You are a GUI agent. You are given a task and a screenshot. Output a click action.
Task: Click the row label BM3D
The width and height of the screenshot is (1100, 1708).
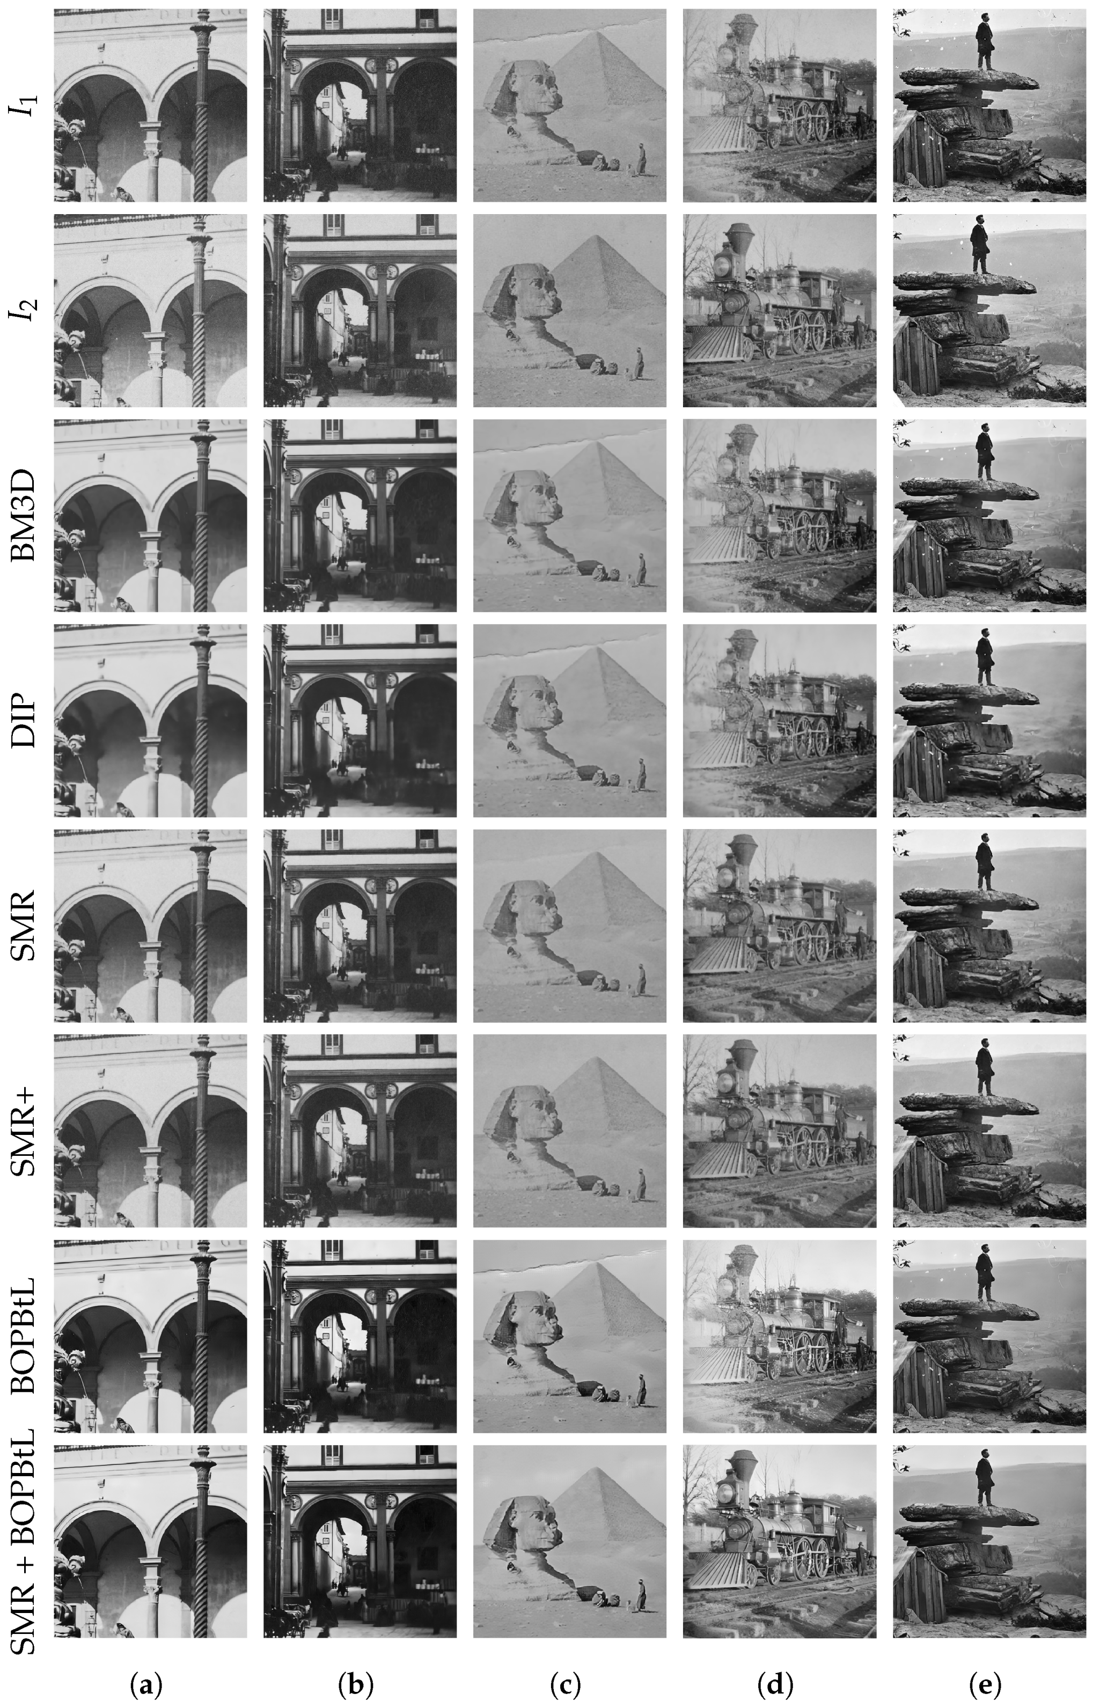(27, 516)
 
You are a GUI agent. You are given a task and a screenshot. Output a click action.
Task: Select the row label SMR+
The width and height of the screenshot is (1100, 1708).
(27, 1131)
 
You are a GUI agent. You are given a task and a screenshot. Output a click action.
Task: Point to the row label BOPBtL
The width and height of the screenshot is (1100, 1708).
(27, 1336)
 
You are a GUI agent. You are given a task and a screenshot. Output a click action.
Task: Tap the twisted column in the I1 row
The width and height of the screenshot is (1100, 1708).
(201, 107)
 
